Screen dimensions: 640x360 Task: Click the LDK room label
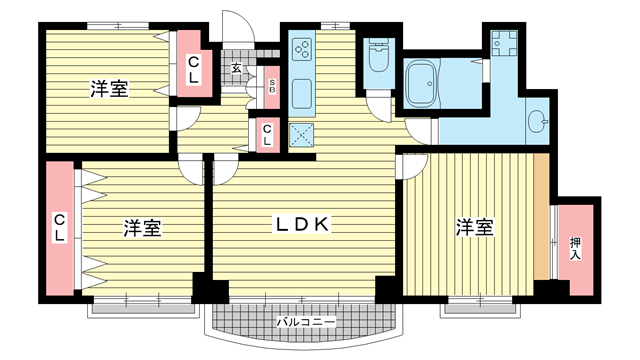pyautogui.click(x=302, y=224)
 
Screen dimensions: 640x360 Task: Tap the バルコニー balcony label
pyautogui.click(x=306, y=322)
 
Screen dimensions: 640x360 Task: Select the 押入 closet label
pyautogui.click(x=575, y=249)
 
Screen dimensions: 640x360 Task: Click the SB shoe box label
pyautogui.click(x=272, y=87)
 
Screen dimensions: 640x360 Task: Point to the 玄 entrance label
pyautogui.click(x=236, y=68)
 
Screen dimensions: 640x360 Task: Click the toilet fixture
pyautogui.click(x=379, y=56)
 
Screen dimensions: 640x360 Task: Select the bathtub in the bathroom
pyautogui.click(x=422, y=84)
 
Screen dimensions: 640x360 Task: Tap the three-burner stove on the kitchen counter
pyautogui.click(x=302, y=49)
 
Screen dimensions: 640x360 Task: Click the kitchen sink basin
pyautogui.click(x=302, y=94)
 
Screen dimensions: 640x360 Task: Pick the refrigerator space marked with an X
pyautogui.click(x=302, y=135)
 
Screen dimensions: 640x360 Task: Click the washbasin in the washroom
pyautogui.click(x=536, y=121)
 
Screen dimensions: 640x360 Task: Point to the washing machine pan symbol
pyautogui.click(x=504, y=43)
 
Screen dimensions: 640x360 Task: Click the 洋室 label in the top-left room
pyautogui.click(x=109, y=89)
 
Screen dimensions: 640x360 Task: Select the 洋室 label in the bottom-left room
pyautogui.click(x=142, y=228)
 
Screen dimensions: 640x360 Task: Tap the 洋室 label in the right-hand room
pyautogui.click(x=475, y=227)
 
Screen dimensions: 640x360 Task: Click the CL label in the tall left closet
pyautogui.click(x=60, y=228)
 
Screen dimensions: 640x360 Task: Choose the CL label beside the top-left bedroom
pyautogui.click(x=193, y=70)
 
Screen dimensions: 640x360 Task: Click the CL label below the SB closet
pyautogui.click(x=267, y=135)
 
